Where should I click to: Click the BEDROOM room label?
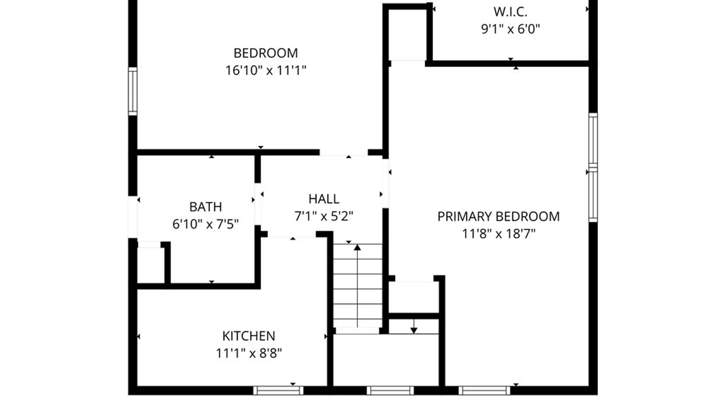pyautogui.click(x=265, y=53)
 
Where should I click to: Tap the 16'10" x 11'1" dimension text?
pyautogui.click(x=265, y=70)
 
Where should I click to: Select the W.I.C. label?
pyautogui.click(x=510, y=12)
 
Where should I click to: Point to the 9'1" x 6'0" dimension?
pyautogui.click(x=510, y=29)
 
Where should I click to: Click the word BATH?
pyautogui.click(x=205, y=207)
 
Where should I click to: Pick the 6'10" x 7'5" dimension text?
pyautogui.click(x=205, y=224)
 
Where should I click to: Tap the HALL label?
pyautogui.click(x=324, y=199)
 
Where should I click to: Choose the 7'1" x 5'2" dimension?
pyautogui.click(x=324, y=216)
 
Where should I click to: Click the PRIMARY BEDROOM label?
pyautogui.click(x=498, y=216)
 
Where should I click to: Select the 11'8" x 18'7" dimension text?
pyautogui.click(x=498, y=234)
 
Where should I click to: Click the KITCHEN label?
pyautogui.click(x=248, y=336)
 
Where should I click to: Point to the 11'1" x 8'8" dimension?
pyautogui.click(x=248, y=353)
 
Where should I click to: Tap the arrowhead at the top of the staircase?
pyautogui.click(x=357, y=247)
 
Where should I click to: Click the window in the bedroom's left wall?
pyautogui.click(x=133, y=91)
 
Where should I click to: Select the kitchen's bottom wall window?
pyautogui.click(x=278, y=391)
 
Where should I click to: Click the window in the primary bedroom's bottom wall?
pyautogui.click(x=484, y=391)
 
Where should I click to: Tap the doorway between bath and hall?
pyautogui.click(x=258, y=204)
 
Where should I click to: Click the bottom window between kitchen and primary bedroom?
pyautogui.click(x=390, y=391)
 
